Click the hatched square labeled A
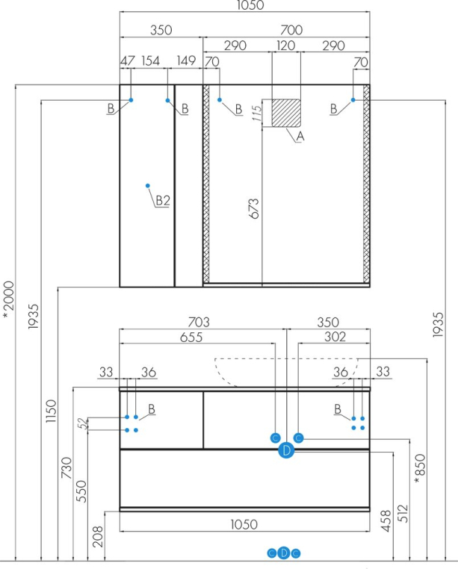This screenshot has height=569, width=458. pos(285,113)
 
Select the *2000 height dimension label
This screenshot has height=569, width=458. pos(8,299)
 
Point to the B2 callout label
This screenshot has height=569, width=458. pos(163,200)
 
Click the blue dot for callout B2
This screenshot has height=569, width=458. pos(148,185)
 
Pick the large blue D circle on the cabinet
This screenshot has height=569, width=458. pos(286,450)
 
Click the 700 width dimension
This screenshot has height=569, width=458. pos(291,31)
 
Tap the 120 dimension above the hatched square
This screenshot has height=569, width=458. pos(285,46)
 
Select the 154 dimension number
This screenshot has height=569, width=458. pos(151,61)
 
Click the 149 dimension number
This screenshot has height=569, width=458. pos(187,61)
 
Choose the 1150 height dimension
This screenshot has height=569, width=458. pos(50,413)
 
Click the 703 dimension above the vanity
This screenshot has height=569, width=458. pos(198,322)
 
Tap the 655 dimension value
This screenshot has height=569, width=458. pos(191,337)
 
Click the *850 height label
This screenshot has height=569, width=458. pos(421,467)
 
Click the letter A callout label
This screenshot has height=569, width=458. pos(300,137)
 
